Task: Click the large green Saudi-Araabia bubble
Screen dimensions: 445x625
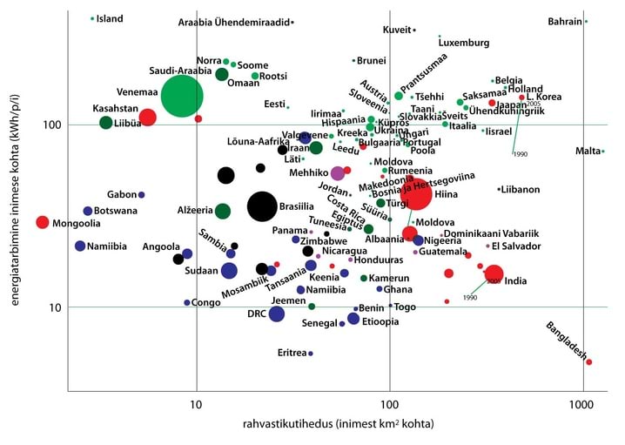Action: coord(181,96)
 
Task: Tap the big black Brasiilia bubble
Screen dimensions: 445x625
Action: coord(262,206)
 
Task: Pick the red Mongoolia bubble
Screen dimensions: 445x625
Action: coord(42,222)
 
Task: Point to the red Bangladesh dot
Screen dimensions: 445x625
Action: coord(588,361)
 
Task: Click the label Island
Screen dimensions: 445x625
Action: coord(110,18)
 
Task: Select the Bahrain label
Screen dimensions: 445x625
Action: coord(565,21)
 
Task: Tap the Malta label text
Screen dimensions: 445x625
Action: coord(588,152)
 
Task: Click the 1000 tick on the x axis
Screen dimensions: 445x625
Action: coord(581,405)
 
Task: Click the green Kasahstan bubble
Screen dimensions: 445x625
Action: coord(106,123)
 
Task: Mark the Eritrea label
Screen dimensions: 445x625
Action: coord(292,353)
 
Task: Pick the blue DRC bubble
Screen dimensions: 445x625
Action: coord(277,314)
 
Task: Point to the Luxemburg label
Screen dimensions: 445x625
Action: coord(464,42)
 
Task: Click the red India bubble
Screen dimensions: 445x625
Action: coord(494,273)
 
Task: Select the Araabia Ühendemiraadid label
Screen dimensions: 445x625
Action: coord(233,22)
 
